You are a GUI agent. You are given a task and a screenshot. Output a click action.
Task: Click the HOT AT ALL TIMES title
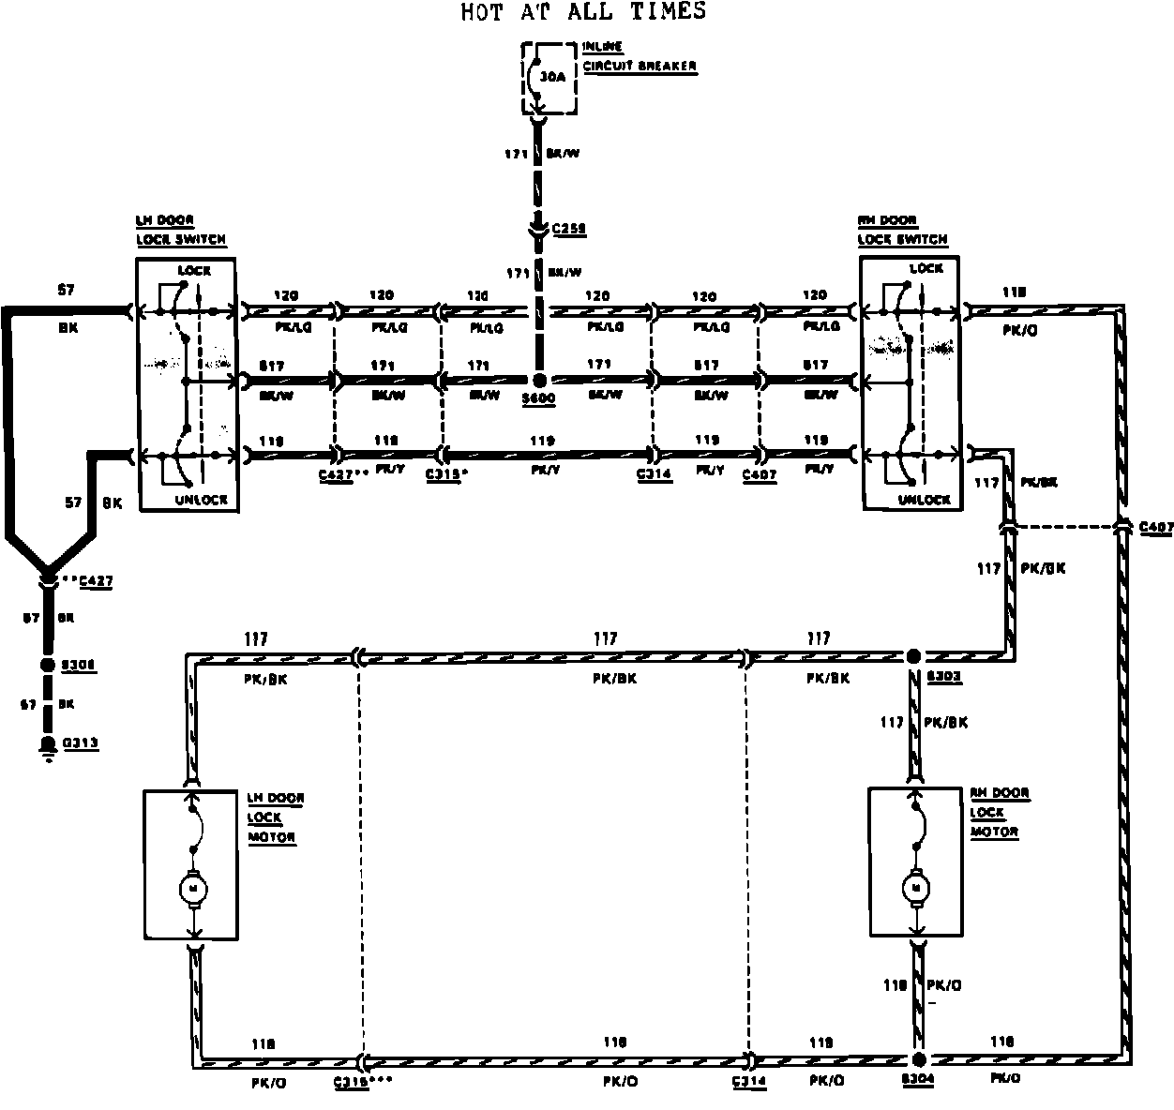click(583, 12)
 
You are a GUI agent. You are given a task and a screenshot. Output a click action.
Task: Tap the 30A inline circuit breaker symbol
click(543, 79)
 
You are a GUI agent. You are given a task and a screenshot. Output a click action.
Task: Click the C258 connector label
click(569, 228)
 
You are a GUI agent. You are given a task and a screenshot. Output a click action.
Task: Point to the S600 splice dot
click(539, 381)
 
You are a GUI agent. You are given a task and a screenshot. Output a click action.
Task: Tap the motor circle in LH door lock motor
click(194, 887)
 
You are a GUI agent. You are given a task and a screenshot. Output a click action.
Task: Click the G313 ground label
click(81, 743)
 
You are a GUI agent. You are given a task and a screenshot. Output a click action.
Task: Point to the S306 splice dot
click(47, 665)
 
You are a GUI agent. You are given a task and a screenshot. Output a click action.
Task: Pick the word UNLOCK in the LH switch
click(201, 500)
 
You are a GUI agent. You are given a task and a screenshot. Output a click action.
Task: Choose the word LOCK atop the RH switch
click(926, 269)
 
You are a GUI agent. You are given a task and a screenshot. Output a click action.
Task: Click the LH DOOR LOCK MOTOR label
click(273, 817)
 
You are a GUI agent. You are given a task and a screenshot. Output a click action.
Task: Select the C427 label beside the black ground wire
click(96, 582)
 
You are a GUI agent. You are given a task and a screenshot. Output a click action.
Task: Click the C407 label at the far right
click(1156, 528)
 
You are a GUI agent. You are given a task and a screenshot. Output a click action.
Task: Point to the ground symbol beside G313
click(45, 746)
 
